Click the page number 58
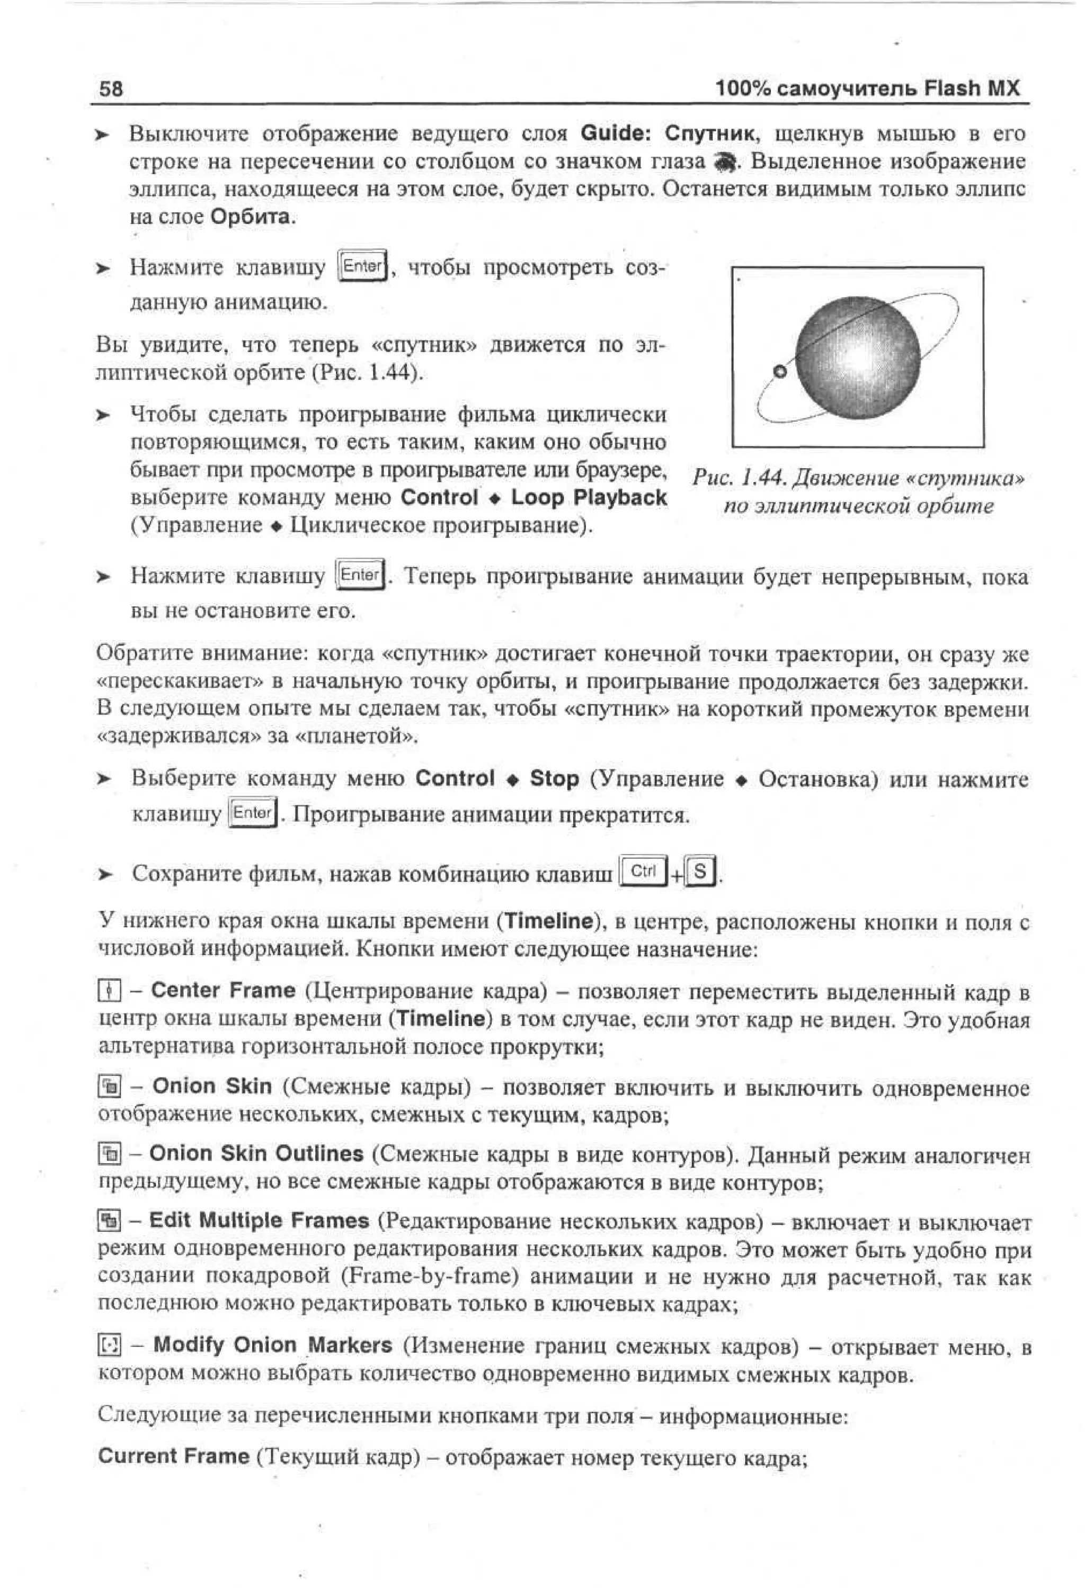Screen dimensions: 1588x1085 (x=111, y=89)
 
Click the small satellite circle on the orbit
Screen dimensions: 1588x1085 (x=779, y=372)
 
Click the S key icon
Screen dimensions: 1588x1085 (x=700, y=871)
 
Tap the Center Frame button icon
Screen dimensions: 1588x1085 (x=109, y=991)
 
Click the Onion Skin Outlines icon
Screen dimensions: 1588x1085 (x=109, y=1154)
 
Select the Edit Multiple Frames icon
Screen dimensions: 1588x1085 (x=109, y=1221)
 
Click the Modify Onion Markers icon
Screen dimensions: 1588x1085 (x=109, y=1345)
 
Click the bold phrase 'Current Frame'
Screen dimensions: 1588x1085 (x=174, y=1456)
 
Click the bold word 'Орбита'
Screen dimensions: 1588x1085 (x=250, y=217)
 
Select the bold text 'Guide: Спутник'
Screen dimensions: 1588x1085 (x=668, y=133)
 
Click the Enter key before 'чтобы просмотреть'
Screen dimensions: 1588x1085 (x=362, y=266)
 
